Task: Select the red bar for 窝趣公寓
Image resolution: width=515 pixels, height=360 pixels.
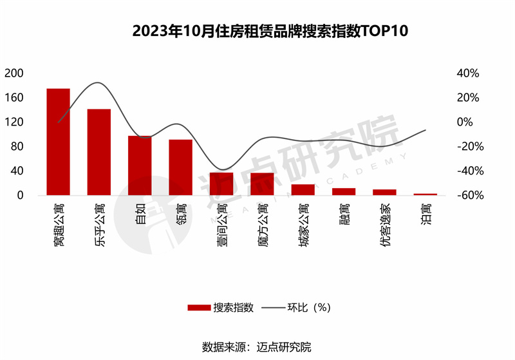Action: pos(58,142)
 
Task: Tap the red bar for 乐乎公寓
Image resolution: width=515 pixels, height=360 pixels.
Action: pos(99,152)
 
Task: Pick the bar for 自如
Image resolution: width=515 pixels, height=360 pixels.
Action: pos(140,166)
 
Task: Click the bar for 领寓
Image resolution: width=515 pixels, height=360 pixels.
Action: pos(181,167)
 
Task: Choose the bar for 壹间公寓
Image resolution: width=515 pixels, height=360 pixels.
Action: pos(221,184)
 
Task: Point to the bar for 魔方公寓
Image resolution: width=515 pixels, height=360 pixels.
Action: pos(263,184)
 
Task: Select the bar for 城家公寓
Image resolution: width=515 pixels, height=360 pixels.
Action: pos(303,189)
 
